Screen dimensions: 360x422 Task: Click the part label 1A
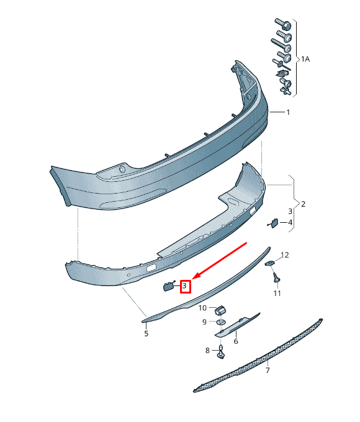305,59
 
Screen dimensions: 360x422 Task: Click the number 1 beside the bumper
288,112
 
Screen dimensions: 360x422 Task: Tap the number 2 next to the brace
303,204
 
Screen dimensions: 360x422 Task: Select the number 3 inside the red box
184,285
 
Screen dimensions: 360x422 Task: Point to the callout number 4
290,223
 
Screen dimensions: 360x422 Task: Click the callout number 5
146,334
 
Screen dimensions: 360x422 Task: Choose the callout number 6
236,341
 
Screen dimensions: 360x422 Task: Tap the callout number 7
268,370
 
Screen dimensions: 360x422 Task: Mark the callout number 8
207,351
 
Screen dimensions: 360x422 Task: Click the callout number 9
204,322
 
